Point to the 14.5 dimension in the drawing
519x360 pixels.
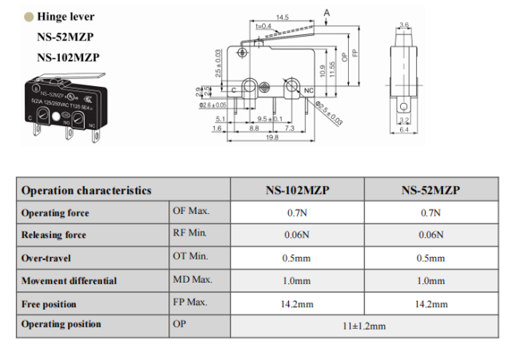pos(282,17)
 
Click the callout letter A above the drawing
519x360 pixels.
pos(327,10)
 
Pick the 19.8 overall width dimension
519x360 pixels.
pos(271,137)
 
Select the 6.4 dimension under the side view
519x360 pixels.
pos(404,129)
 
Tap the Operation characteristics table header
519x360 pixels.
pos(86,190)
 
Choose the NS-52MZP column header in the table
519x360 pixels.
pos(431,190)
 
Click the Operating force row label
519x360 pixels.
pos(55,213)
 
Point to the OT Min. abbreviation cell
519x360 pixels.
pos(190,257)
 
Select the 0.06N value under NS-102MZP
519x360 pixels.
pos(297,235)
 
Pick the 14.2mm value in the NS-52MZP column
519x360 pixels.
pos(431,303)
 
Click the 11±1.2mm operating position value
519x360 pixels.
pos(364,326)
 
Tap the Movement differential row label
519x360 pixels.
pos(69,281)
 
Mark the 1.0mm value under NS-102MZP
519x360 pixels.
pos(297,281)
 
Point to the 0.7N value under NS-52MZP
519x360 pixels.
pos(431,213)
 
